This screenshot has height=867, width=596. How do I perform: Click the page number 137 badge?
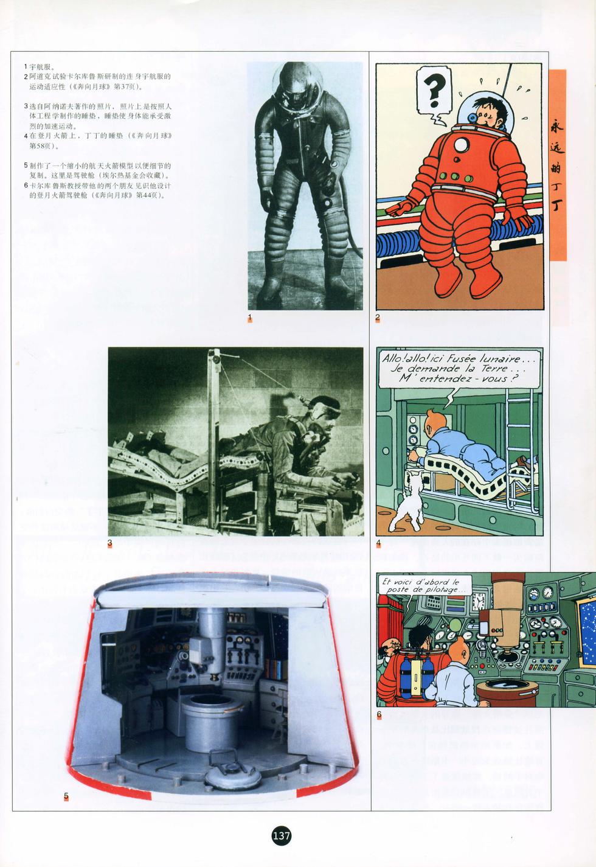[282, 835]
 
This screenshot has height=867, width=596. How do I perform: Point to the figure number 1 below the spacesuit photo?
[250, 317]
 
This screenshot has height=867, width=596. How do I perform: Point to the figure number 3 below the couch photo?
[109, 543]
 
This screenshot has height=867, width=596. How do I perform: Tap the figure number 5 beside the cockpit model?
[66, 796]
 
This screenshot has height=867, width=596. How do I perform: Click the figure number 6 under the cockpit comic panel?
[379, 714]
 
